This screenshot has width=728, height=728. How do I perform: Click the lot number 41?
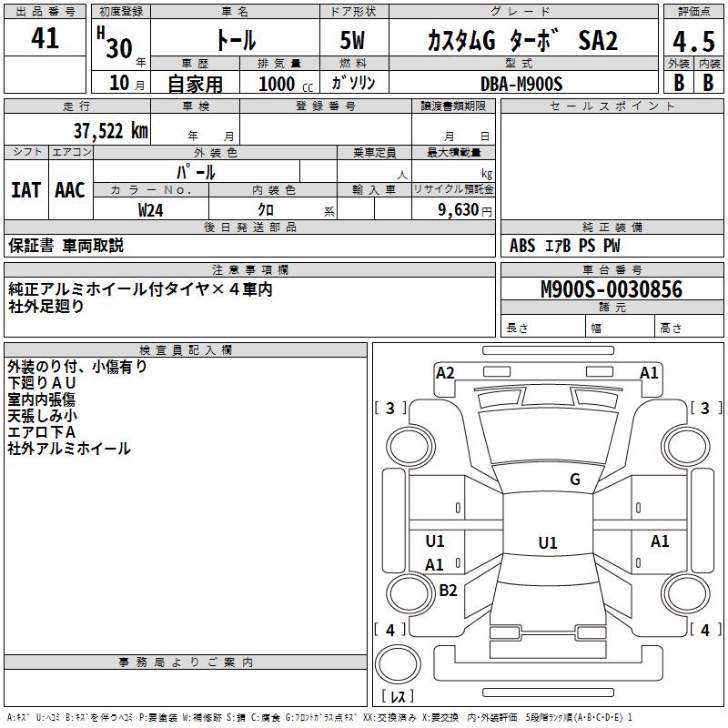[45, 38]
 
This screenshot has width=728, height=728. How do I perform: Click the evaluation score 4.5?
[693, 41]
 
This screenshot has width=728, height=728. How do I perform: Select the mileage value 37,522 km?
[111, 131]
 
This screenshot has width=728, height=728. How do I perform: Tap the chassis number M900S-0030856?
[612, 289]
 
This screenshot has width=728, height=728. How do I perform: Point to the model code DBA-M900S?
[521, 84]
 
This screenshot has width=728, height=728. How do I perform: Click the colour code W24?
[150, 210]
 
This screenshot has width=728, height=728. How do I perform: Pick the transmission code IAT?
[26, 190]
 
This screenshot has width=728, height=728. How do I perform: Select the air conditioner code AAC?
[70, 190]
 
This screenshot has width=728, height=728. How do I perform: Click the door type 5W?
[352, 40]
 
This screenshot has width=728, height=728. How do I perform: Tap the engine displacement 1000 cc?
[286, 84]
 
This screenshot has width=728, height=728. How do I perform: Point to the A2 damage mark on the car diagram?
[445, 373]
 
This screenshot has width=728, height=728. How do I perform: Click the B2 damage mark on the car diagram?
[448, 590]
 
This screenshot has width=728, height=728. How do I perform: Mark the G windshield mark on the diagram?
[575, 479]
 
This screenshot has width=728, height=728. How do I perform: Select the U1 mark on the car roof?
[548, 542]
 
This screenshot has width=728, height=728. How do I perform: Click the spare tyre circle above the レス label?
[398, 663]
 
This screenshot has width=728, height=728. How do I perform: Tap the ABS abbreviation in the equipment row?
[522, 246]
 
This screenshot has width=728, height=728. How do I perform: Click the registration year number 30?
[119, 48]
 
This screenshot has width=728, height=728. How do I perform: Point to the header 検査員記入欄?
[186, 350]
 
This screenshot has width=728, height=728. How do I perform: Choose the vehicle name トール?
[236, 40]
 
